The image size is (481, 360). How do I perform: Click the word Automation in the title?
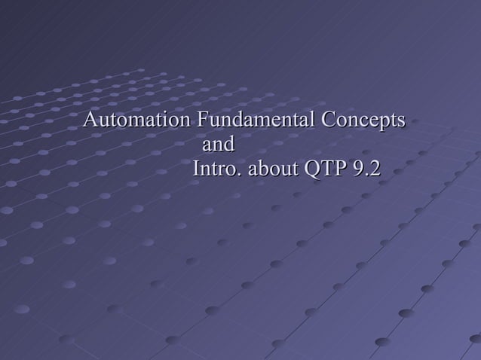136,121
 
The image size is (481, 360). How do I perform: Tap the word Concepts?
363,121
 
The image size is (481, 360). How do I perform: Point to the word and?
219,145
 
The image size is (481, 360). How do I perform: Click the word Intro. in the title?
216,169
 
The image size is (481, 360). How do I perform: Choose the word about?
273,169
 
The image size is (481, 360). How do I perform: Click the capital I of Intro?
197,169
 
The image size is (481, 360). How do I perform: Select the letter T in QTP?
322,169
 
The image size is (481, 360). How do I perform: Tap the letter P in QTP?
334,169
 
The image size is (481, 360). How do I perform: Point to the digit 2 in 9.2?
373,169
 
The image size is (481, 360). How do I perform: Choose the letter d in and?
228,145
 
